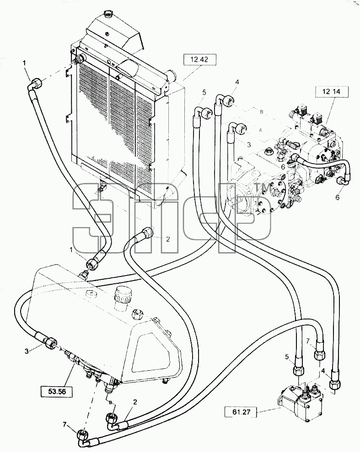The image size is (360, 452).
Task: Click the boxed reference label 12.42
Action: point(199,60)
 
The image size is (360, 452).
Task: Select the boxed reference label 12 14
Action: point(332,92)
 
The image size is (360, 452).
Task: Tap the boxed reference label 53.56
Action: point(56,391)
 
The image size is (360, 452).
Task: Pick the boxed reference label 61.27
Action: point(241,412)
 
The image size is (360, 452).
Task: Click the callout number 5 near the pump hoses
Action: point(204,92)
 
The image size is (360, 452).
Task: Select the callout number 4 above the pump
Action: point(237,82)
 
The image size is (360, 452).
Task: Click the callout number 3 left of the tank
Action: point(27,351)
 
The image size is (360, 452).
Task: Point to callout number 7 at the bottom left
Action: point(65,424)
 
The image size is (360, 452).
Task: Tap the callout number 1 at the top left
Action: point(25,63)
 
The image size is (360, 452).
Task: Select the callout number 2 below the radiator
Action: point(168,239)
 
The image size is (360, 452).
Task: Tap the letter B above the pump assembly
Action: point(262,112)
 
